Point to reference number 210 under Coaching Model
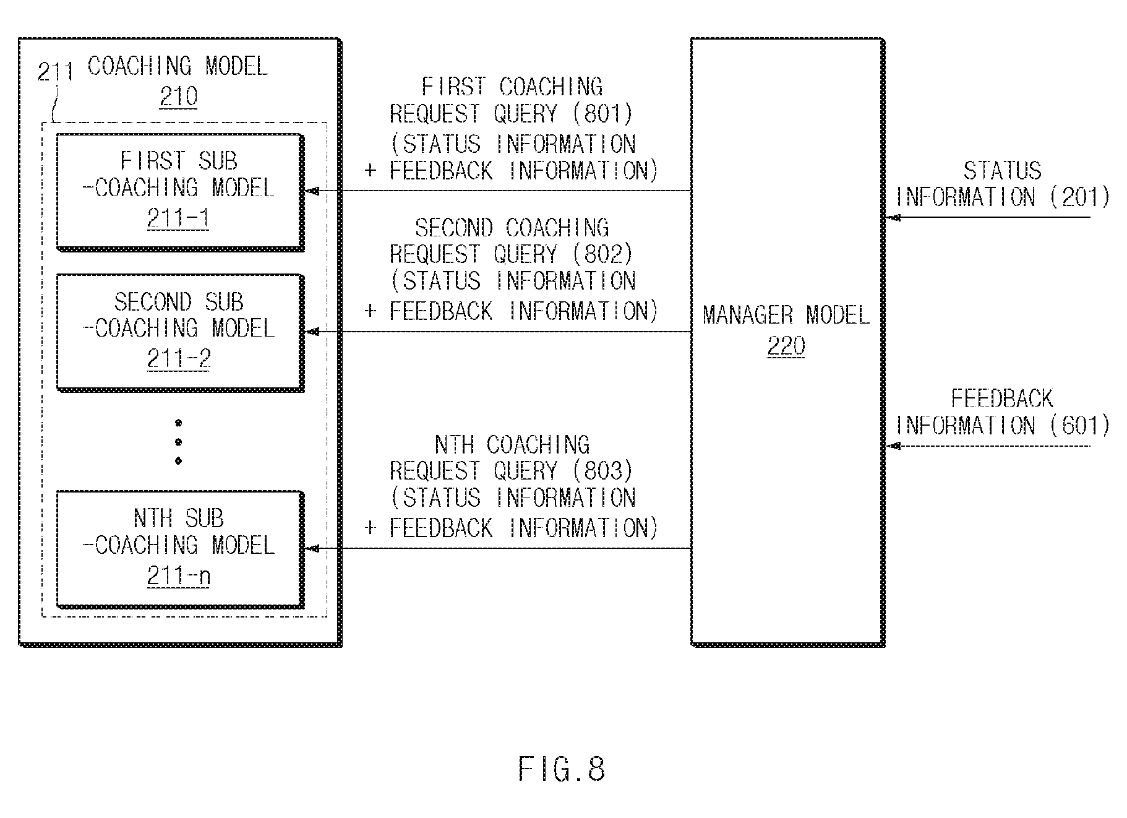(x=179, y=97)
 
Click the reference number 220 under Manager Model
(x=786, y=347)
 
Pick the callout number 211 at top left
(x=56, y=72)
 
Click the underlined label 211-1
(x=178, y=218)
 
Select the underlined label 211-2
(x=179, y=359)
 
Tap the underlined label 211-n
(x=179, y=577)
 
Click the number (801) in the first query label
(x=603, y=113)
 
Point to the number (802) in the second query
(x=603, y=254)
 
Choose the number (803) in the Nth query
(x=603, y=471)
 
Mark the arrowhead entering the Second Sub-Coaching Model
(x=312, y=332)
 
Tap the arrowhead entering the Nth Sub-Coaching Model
(x=312, y=548)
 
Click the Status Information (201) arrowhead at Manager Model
(x=893, y=218)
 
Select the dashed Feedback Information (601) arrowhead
(x=893, y=446)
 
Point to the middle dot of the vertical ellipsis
(x=179, y=442)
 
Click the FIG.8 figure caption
(x=562, y=770)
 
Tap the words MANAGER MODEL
(x=786, y=316)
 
